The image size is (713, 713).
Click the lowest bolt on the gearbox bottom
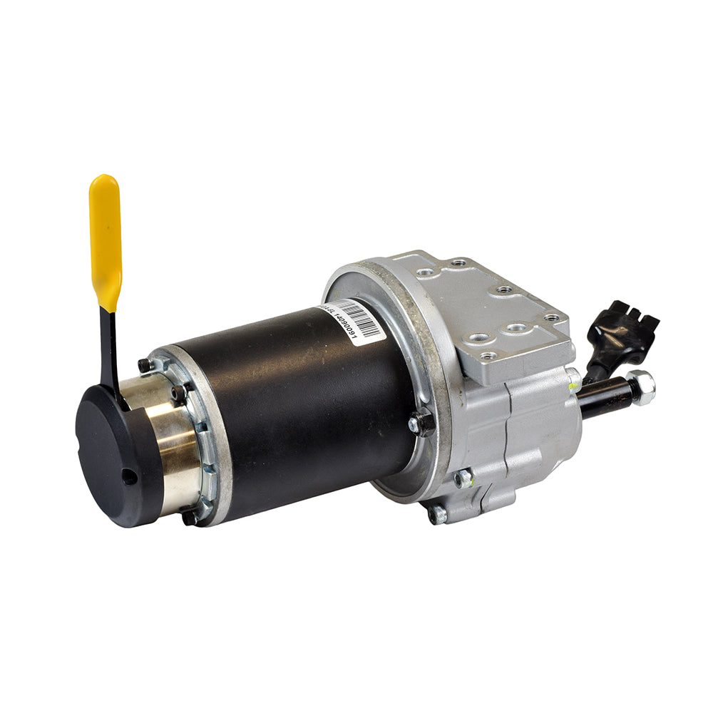(x=436, y=514)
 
